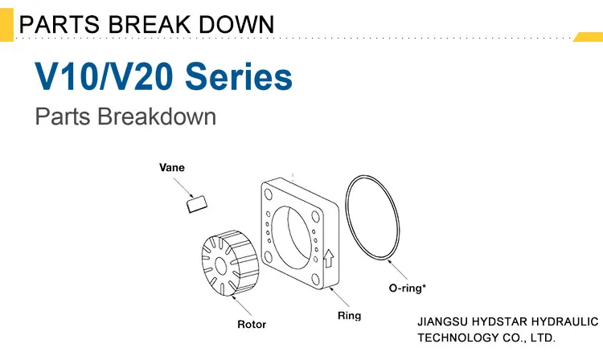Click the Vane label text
pos(172,167)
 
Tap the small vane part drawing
pos(197,204)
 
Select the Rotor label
pos(252,325)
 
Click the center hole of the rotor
pos(221,265)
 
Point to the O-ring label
pos(408,288)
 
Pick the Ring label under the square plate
pos(349,316)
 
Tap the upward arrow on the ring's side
pos(328,258)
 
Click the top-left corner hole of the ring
pos(268,194)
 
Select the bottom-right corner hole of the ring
pos(316,280)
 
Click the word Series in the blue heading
pos(239,76)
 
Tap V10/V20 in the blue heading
pos(104,76)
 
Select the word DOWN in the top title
pos(236,24)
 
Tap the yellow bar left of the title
pos(6,25)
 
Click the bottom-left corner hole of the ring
pos(268,256)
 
